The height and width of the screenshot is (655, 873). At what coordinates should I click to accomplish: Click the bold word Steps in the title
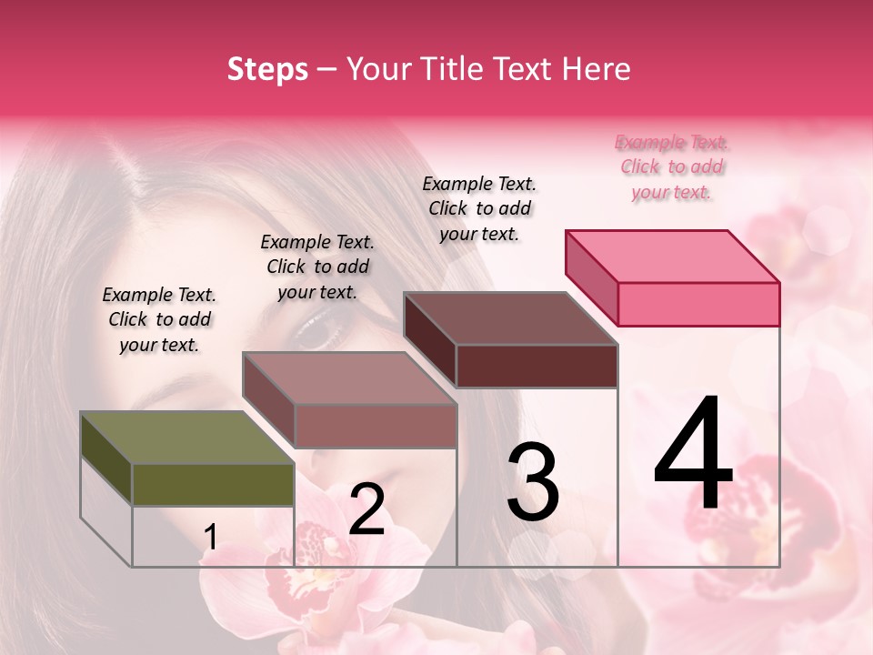[267, 69]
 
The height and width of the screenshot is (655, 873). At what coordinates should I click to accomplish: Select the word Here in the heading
[597, 69]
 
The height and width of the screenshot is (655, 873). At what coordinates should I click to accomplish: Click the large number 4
[694, 455]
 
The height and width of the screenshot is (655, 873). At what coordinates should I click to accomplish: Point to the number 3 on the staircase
[533, 482]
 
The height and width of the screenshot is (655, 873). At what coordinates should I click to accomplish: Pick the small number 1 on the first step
[210, 538]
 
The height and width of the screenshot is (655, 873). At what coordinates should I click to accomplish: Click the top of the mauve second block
[349, 378]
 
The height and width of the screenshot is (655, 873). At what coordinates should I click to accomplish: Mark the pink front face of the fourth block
[698, 304]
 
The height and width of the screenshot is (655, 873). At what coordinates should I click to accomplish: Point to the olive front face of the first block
[213, 485]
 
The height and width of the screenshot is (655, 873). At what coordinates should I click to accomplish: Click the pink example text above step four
[672, 167]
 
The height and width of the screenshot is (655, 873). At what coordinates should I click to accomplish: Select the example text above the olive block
[159, 319]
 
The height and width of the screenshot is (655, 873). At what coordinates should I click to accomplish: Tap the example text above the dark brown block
[479, 208]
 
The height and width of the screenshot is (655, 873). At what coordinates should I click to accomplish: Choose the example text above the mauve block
[317, 267]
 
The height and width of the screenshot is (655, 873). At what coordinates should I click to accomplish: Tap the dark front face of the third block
[537, 366]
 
